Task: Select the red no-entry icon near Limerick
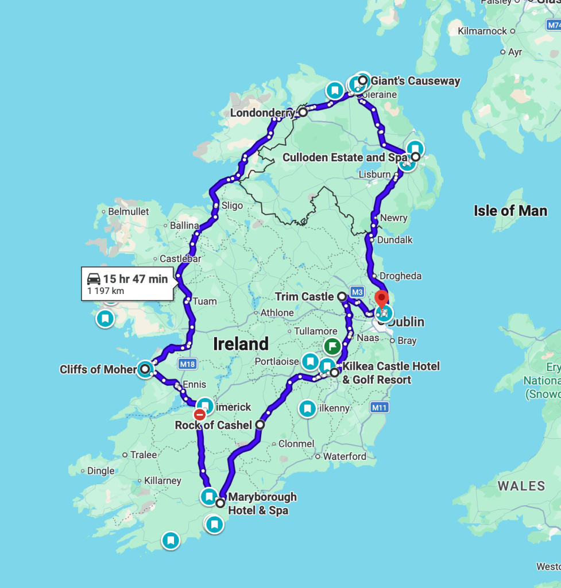(200, 415)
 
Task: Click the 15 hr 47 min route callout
(127, 284)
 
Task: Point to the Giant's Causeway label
(415, 81)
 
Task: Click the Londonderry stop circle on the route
(303, 112)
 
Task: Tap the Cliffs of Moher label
(98, 369)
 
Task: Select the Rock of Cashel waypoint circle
(260, 425)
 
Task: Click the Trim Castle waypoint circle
(342, 297)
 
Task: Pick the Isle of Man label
(510, 211)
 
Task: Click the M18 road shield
(187, 363)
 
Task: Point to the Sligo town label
(232, 206)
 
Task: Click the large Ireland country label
(241, 344)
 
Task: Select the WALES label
(521, 486)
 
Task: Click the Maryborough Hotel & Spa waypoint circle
(220, 503)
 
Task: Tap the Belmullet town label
(129, 211)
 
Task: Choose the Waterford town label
(345, 457)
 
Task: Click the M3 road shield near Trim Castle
(357, 292)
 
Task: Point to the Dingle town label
(100, 471)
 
